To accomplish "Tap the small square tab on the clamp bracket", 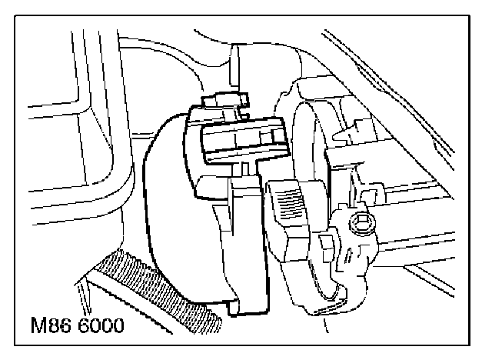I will point(326,244).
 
